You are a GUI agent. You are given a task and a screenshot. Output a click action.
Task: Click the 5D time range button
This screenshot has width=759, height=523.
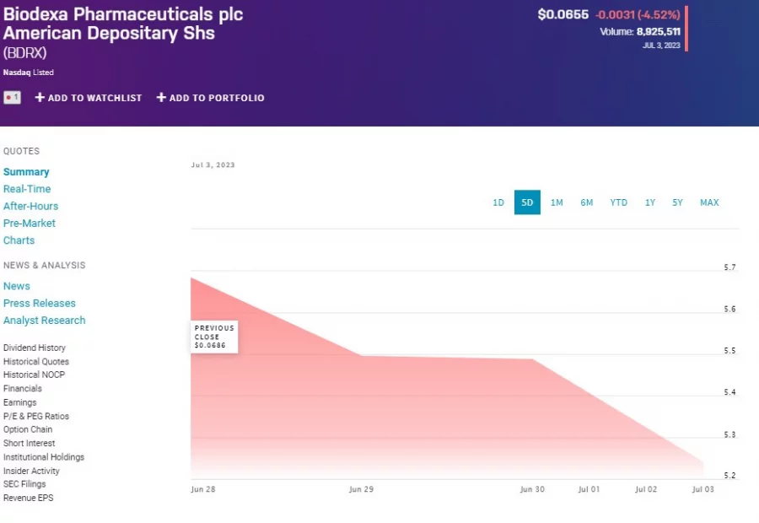(527, 202)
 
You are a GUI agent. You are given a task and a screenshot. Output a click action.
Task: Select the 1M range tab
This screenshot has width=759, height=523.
(557, 202)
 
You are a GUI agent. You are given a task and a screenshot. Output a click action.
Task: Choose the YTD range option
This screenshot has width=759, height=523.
(619, 202)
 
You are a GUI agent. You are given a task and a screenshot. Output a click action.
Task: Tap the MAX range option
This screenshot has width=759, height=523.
(709, 202)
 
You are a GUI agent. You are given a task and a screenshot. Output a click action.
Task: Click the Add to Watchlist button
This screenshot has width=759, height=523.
(89, 98)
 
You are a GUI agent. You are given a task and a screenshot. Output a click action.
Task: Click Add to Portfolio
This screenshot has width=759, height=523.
(211, 98)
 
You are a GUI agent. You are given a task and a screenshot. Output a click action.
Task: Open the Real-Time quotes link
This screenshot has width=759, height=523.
(27, 189)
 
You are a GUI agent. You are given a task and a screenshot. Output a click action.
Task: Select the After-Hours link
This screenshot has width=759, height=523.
(30, 206)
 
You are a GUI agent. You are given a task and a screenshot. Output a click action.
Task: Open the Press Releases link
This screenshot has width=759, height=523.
(40, 303)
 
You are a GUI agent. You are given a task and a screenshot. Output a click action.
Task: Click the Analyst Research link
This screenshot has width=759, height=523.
(44, 321)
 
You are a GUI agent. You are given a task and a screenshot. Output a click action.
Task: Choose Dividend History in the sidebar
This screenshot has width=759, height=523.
(35, 348)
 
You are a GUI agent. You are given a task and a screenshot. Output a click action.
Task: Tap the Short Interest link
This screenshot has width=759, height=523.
(29, 443)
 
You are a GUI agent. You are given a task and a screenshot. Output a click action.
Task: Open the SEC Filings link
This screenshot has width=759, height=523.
(24, 484)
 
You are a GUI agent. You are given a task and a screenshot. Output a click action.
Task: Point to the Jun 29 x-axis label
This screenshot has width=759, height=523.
(361, 489)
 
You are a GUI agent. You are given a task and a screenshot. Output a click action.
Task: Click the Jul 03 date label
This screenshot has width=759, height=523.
(702, 489)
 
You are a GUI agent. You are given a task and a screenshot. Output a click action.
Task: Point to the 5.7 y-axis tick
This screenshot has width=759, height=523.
(729, 267)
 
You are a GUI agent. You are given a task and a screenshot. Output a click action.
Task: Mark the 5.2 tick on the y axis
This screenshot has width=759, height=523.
(729, 476)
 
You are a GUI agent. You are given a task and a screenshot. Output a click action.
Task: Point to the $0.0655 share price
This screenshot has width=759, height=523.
(563, 14)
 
